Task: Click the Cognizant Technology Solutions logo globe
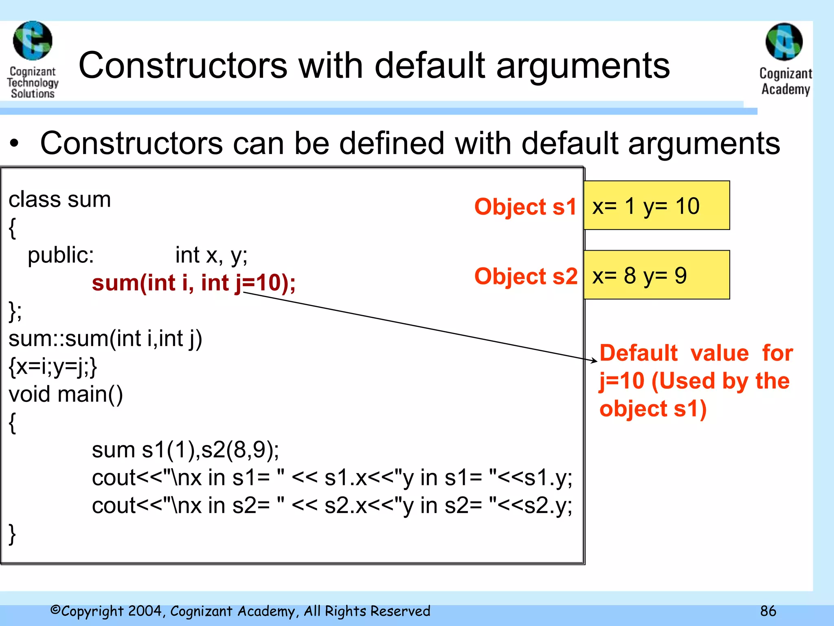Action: (x=33, y=41)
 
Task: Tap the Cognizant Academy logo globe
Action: (x=784, y=42)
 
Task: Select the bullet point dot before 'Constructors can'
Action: (x=15, y=143)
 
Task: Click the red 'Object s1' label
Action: (x=525, y=206)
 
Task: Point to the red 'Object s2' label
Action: (x=526, y=276)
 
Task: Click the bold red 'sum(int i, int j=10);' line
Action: (x=193, y=282)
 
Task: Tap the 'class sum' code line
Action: (x=59, y=200)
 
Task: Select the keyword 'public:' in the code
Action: (x=61, y=256)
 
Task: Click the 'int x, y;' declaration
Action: (x=211, y=256)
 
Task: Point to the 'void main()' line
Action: (x=66, y=394)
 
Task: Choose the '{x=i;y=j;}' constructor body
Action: (x=53, y=366)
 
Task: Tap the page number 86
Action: (x=768, y=611)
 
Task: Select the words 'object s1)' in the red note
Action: (x=653, y=409)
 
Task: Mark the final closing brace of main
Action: (x=13, y=533)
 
